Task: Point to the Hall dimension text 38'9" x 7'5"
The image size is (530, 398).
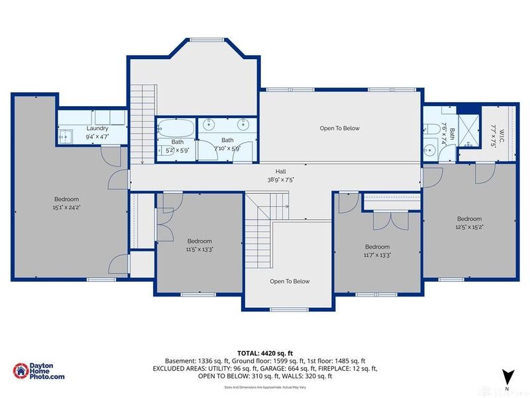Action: [276, 178]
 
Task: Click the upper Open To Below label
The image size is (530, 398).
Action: [339, 128]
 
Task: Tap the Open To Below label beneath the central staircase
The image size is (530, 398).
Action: [290, 281]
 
